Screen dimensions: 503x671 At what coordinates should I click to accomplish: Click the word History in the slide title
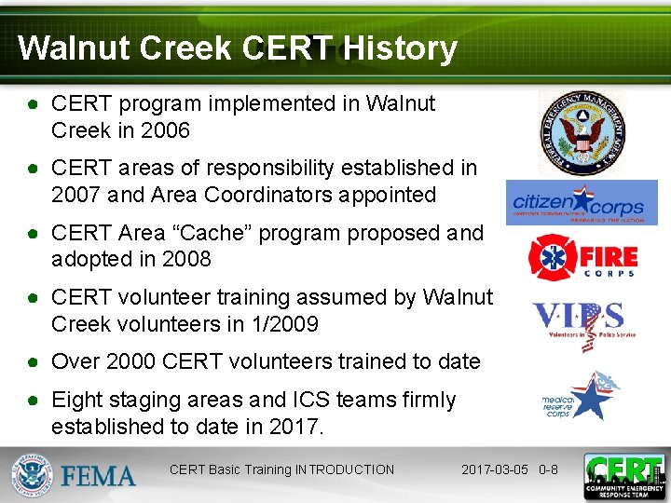(x=400, y=48)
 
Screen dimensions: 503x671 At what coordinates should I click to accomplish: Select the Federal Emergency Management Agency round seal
(x=583, y=131)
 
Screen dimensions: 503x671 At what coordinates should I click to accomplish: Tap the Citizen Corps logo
(x=582, y=203)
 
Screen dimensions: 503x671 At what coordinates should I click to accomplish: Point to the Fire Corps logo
(x=583, y=256)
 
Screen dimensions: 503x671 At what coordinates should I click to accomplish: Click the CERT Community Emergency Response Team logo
(x=623, y=476)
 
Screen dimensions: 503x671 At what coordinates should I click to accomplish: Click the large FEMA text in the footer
(x=99, y=476)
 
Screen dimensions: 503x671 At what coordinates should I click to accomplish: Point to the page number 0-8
(x=548, y=469)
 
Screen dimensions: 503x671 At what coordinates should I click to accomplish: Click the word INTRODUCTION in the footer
(x=343, y=469)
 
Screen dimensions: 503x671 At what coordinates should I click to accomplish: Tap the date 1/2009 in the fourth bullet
(x=286, y=324)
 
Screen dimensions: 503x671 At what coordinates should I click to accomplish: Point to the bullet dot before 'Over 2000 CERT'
(x=33, y=361)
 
